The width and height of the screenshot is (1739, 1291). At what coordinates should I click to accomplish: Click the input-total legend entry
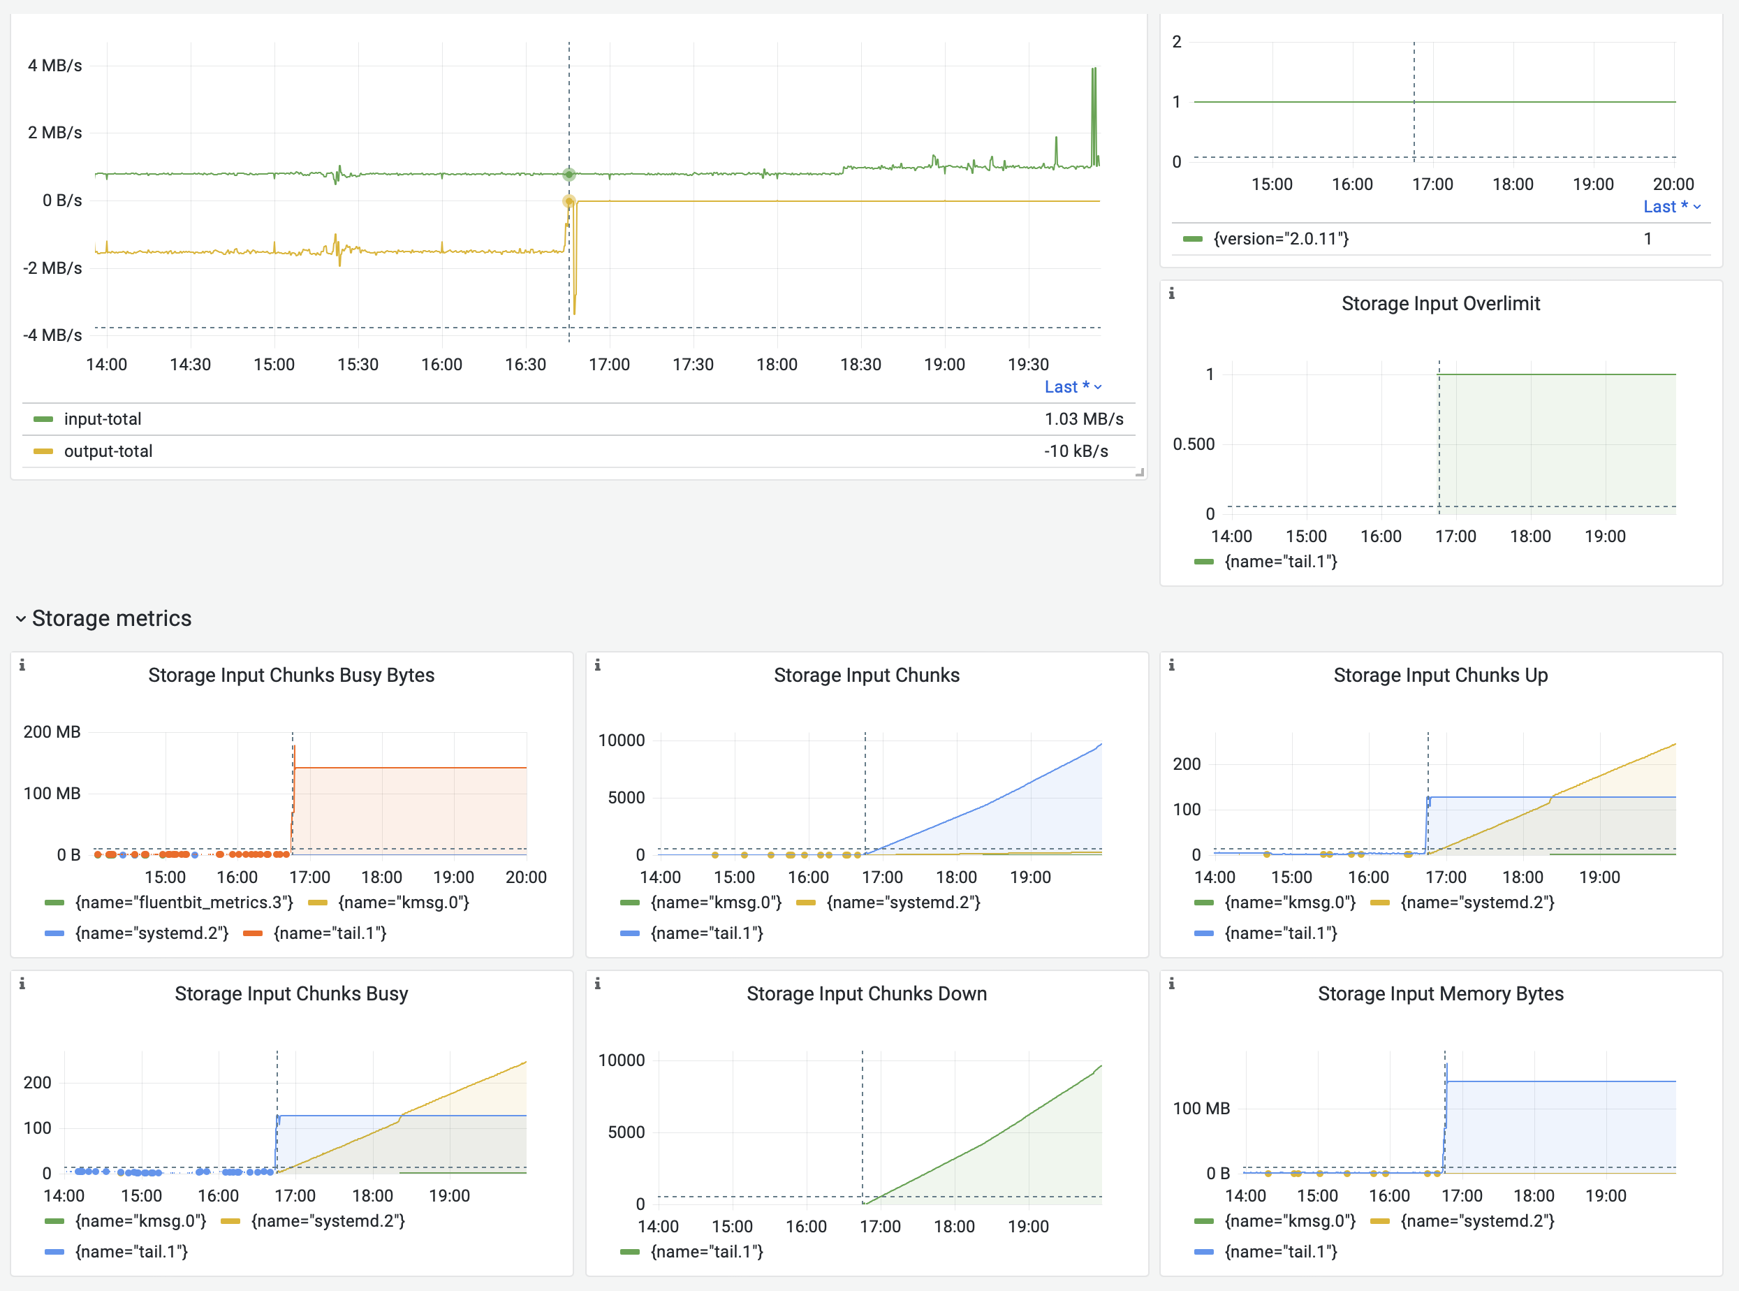point(103,419)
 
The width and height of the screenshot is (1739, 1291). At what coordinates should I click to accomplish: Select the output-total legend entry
point(108,451)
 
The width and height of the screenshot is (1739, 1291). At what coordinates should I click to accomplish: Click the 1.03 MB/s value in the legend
point(1083,419)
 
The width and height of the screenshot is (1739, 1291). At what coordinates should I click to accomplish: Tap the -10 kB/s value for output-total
point(1076,451)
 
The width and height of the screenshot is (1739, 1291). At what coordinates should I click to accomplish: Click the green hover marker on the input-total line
point(568,174)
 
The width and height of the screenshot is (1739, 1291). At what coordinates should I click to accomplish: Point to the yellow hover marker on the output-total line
point(568,202)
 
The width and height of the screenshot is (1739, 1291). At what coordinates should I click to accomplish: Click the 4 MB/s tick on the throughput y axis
point(54,66)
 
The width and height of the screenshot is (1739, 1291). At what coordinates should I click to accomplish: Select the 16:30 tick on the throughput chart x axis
point(525,364)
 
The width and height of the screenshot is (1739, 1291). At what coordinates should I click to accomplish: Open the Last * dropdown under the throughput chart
point(1073,387)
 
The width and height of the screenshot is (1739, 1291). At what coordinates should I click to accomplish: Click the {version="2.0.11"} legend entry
point(1280,239)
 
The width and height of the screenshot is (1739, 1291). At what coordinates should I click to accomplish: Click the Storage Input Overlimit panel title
point(1440,303)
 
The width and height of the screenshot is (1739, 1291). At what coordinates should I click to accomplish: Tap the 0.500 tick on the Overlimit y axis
point(1193,444)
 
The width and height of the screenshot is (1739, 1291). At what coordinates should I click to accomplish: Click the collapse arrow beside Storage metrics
point(20,619)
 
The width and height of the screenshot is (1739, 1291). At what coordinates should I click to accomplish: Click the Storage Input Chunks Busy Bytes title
point(291,676)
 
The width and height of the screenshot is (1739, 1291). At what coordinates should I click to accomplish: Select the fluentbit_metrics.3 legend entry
point(184,903)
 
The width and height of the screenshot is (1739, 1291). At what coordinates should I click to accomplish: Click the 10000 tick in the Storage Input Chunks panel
point(621,740)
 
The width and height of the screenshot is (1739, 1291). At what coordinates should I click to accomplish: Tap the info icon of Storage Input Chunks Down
point(598,984)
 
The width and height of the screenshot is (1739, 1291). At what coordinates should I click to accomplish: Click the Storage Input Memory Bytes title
point(1440,994)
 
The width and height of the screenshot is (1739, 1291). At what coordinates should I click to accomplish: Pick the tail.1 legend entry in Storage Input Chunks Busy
point(131,1252)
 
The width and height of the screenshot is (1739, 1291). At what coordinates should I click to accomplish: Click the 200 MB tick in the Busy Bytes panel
point(52,732)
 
